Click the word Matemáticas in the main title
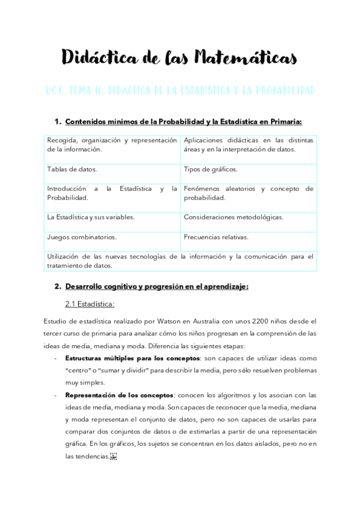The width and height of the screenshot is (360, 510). click(243, 58)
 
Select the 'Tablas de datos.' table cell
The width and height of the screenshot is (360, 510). click(72, 170)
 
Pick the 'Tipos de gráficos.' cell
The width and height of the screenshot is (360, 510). click(211, 170)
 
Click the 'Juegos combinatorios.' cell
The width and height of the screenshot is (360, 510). click(82, 238)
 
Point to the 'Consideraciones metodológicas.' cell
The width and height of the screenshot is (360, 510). click(234, 217)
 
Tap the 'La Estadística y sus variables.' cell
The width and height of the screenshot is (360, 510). click(91, 217)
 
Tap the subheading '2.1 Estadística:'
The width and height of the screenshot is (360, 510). click(90, 304)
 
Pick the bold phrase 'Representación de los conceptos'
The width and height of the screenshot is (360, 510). click(118, 395)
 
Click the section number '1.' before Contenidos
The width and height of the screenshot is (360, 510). click(58, 122)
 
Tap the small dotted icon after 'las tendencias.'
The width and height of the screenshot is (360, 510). click(114, 456)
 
